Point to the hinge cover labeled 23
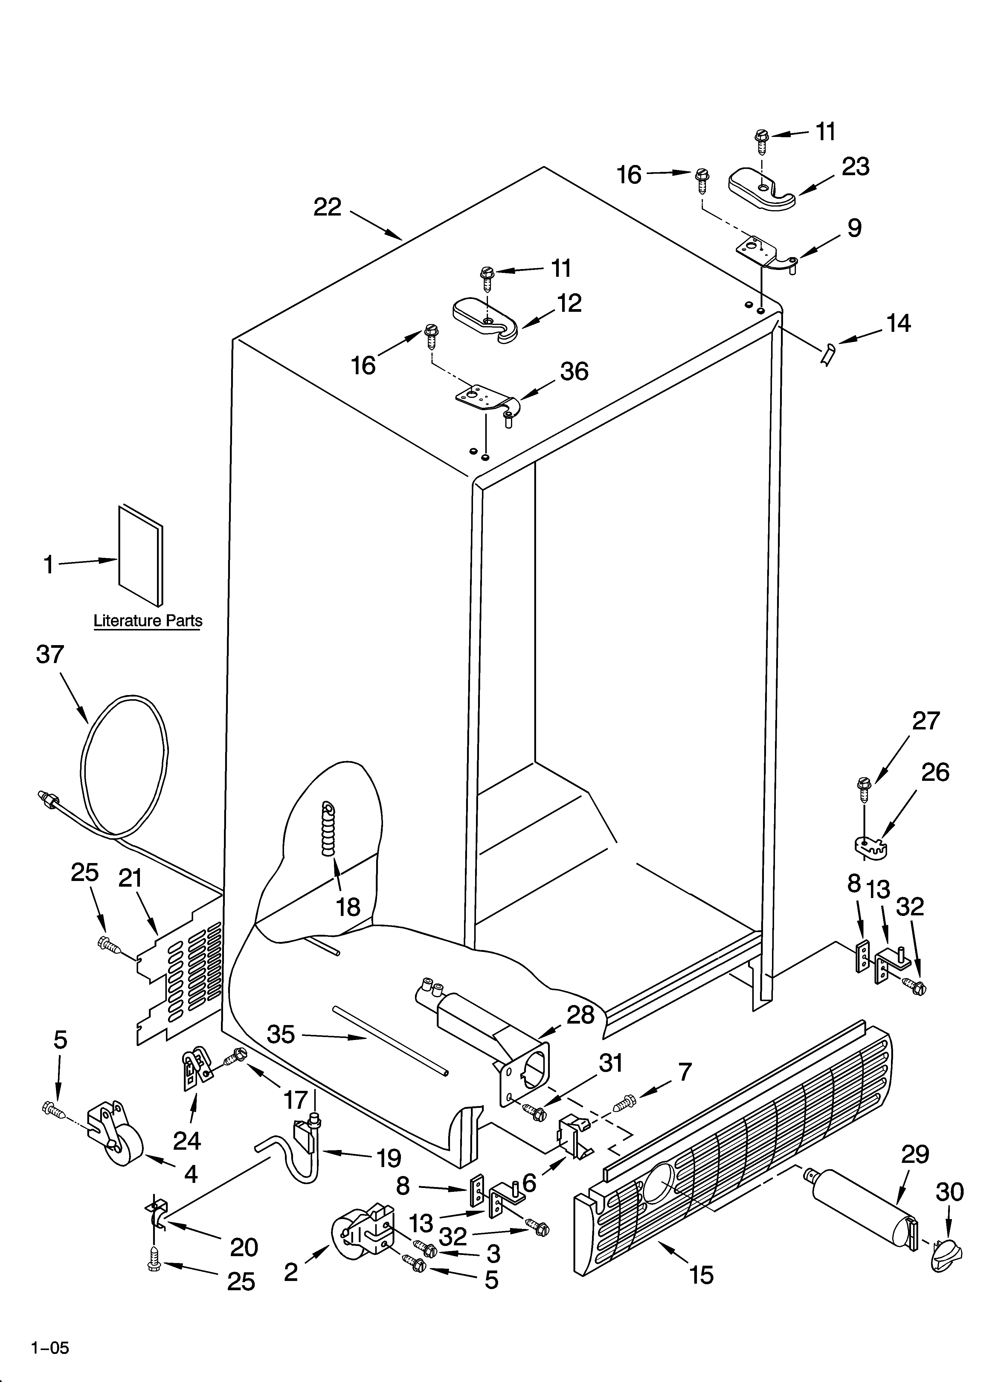762,191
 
